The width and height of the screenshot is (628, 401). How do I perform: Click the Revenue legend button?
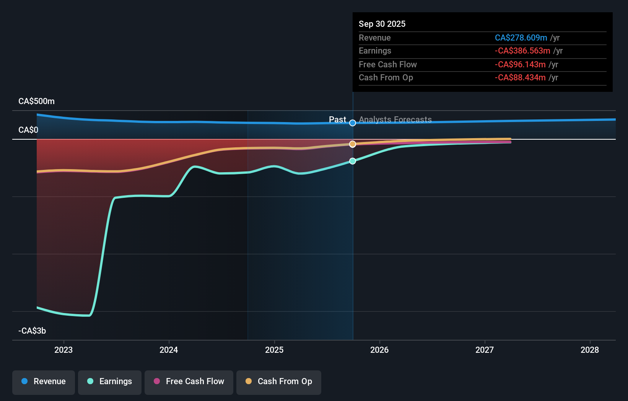pos(44,381)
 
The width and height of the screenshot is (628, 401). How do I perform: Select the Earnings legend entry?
pos(110,381)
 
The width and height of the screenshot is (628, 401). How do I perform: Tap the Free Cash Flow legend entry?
pos(189,381)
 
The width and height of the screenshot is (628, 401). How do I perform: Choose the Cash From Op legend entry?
pos(279,381)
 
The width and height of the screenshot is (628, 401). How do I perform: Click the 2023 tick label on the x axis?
pos(63,350)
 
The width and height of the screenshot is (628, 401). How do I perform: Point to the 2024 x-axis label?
pos(169,350)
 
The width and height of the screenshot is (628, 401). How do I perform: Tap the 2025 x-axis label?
pos(274,350)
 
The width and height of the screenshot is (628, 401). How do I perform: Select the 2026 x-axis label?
pos(379,350)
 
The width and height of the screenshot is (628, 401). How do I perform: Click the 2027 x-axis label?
pos(485,350)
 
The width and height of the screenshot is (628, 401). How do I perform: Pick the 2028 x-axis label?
pos(590,350)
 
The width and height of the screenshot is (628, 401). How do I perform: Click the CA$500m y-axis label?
pos(36,101)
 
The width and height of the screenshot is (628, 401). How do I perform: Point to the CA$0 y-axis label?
pos(28,130)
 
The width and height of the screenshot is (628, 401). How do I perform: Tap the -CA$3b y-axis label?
pos(32,331)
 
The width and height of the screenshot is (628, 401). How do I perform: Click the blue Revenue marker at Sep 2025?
pos(353,123)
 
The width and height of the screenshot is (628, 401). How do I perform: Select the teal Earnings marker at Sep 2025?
pos(353,161)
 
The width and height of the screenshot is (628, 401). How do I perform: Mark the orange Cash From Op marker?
pos(353,144)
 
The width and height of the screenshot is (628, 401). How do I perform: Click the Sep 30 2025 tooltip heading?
pos(382,24)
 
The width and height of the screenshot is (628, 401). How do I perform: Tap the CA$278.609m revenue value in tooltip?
pos(521,37)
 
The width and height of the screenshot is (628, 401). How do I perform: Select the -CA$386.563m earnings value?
pos(522,51)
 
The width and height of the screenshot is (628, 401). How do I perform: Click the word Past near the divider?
pos(337,119)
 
